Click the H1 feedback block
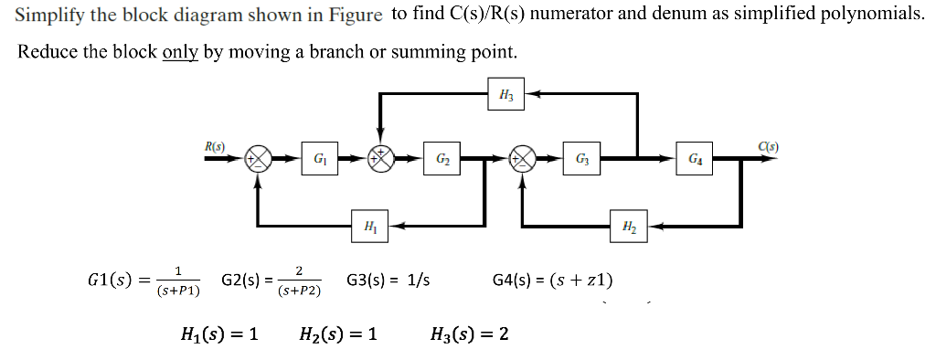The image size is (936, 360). tap(368, 226)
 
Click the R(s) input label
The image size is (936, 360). tap(216, 144)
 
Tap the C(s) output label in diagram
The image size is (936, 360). tap(768, 144)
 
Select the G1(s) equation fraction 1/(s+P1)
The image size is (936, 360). tap(178, 281)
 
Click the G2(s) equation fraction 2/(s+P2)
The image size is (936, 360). tap(300, 281)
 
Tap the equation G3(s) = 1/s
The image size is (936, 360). tap(388, 280)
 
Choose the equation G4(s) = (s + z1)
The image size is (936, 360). tap(552, 280)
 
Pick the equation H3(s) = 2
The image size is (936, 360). tap(469, 334)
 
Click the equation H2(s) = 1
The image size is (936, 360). tap(338, 334)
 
